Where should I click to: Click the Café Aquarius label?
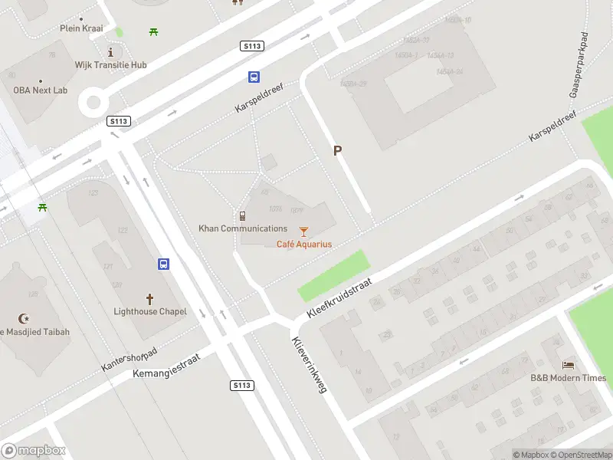click(304, 244)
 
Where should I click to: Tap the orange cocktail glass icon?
click(304, 230)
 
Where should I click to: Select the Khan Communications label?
click(243, 228)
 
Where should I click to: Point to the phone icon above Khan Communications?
click(242, 215)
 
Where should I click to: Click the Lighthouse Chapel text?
click(150, 311)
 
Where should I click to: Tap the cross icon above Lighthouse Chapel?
click(149, 298)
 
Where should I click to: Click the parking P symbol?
click(336, 151)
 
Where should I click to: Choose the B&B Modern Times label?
click(569, 378)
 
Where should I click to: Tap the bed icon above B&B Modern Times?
click(569, 365)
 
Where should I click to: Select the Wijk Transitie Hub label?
click(110, 65)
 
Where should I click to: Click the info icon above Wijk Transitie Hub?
click(111, 52)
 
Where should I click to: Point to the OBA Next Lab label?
click(40, 90)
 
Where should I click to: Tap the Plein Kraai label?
click(81, 28)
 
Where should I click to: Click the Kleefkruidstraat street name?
click(339, 298)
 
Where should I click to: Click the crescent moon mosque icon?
click(23, 318)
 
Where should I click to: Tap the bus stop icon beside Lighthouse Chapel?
click(164, 264)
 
